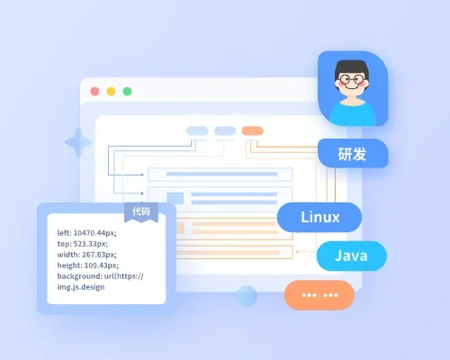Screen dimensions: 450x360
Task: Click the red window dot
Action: coord(94,91)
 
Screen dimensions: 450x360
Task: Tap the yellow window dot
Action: coord(111,91)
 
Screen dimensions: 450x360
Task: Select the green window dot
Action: coord(127,91)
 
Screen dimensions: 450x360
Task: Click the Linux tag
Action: coord(319,217)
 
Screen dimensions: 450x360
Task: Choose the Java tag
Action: coord(352,256)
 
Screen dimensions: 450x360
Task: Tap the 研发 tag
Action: coord(353,153)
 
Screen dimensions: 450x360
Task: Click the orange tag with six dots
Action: coord(319,295)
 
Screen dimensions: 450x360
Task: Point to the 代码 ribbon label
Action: coord(141,212)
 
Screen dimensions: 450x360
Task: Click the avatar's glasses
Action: coord(352,80)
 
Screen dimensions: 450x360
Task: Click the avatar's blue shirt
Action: coord(353,113)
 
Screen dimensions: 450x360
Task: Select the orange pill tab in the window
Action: coord(253,130)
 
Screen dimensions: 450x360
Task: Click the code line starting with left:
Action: coord(86,233)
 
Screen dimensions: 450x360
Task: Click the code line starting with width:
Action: coord(86,255)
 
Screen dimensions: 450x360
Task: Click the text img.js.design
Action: coord(81,287)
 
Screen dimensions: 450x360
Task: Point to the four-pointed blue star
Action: coord(78,142)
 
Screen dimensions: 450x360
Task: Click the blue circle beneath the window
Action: coord(247,296)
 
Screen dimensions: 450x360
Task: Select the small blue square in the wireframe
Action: coord(175,198)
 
